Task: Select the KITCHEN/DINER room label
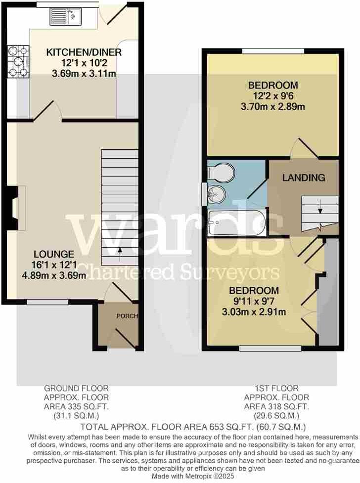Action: coord(84,52)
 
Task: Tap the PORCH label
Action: coord(127,316)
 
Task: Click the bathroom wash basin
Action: coord(216,194)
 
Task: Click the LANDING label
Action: coord(304,177)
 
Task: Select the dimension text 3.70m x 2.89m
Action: coord(272,106)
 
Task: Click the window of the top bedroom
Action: coord(273,51)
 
